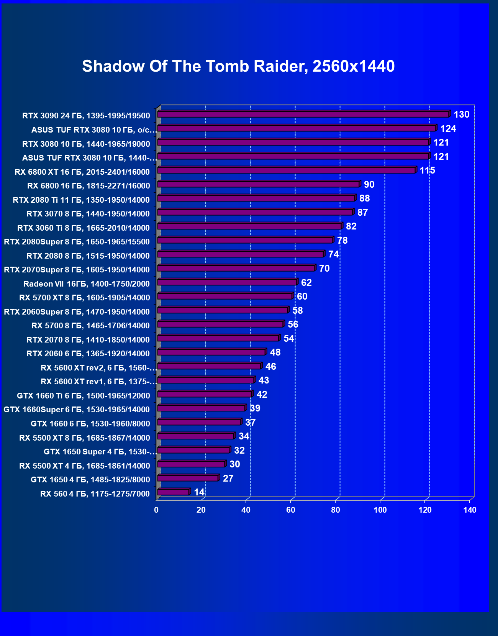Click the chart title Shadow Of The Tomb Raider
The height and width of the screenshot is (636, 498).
tap(238, 66)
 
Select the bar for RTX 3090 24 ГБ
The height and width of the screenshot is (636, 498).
tap(303, 114)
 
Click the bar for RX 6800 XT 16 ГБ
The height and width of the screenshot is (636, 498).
tap(286, 170)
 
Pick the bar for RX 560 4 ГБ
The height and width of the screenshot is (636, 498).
tap(173, 492)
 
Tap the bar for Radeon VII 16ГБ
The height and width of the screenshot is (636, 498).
tap(227, 282)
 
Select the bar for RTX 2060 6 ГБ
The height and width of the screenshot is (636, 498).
tap(211, 352)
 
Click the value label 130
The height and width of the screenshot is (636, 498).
tap(461, 115)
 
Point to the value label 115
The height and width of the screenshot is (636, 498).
tap(427, 170)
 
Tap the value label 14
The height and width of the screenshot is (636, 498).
tap(199, 492)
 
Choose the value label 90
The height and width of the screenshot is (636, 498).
tap(369, 185)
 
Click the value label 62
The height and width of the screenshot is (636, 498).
tap(306, 283)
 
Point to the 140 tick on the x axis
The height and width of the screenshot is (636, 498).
tap(470, 510)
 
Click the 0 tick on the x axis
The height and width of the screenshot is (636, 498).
tap(156, 510)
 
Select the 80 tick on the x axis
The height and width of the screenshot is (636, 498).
tap(336, 510)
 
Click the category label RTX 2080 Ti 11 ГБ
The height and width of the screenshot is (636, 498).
tap(81, 200)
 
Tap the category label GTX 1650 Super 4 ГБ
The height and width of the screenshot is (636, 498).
tap(100, 452)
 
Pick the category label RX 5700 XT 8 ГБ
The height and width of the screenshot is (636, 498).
tap(84, 298)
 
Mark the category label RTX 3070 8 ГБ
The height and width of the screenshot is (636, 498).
tap(88, 214)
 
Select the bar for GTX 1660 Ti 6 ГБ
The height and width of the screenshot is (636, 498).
tap(204, 394)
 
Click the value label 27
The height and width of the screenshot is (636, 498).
tap(228, 479)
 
